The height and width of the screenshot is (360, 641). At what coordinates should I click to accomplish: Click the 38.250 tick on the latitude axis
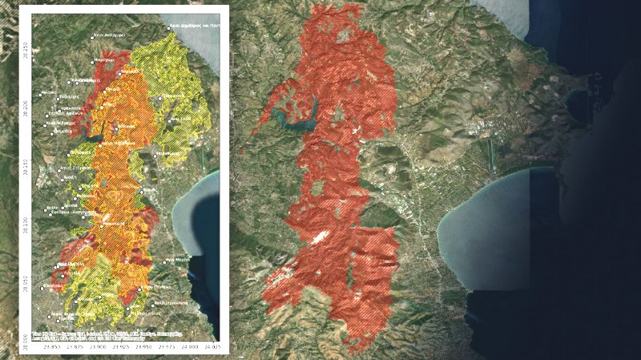pyautogui.click(x=23, y=50)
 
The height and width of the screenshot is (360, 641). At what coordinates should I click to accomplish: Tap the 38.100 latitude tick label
pyautogui.click(x=23, y=221)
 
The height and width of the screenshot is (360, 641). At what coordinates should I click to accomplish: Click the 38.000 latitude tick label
pyautogui.click(x=23, y=337)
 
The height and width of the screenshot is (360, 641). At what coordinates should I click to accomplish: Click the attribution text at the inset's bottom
pyautogui.click(x=104, y=335)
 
